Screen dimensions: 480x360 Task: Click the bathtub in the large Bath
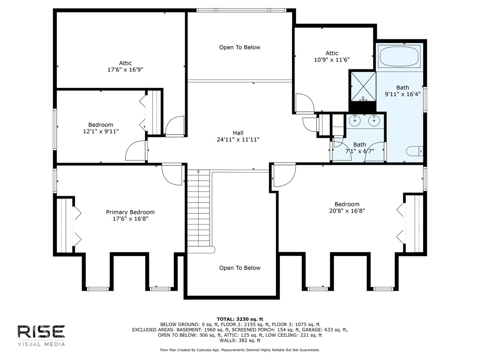[x=399, y=56]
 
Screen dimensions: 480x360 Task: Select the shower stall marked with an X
[x=363, y=87]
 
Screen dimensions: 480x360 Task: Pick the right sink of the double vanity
[x=374, y=121]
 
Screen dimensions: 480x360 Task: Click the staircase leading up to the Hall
[x=198, y=211]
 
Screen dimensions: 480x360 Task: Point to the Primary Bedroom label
[x=130, y=215]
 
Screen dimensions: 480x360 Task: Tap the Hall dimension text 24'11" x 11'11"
[x=238, y=139]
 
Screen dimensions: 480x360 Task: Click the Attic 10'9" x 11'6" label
[x=332, y=56]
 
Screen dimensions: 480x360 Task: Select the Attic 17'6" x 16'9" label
[x=125, y=66]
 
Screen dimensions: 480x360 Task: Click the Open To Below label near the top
[x=240, y=47]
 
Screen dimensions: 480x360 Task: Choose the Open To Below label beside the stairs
[x=240, y=268]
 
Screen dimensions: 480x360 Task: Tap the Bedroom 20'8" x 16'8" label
[x=347, y=208]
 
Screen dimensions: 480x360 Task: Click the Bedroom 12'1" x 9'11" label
[x=101, y=128]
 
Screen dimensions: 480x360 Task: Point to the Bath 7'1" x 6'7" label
[x=359, y=148]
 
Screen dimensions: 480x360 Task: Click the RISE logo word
[x=41, y=332]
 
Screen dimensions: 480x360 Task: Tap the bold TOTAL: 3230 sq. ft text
[x=240, y=319]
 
